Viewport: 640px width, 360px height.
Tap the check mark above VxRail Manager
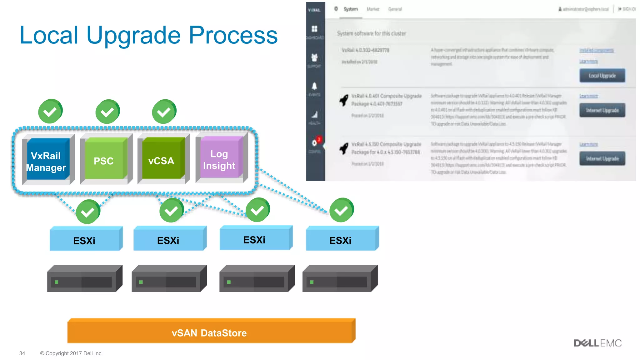coord(50,111)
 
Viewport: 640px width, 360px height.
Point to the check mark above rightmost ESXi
coord(342,210)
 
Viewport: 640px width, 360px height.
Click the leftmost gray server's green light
coord(57,282)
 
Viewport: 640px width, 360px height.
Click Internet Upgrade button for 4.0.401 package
coord(602,110)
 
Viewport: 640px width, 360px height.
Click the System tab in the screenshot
coord(350,9)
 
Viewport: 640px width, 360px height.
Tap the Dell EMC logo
coord(597,343)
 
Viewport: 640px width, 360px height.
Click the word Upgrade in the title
coord(134,35)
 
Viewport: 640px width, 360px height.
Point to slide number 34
coord(22,353)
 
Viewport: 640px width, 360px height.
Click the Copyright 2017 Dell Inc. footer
coord(71,353)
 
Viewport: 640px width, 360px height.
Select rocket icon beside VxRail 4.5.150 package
coord(344,148)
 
